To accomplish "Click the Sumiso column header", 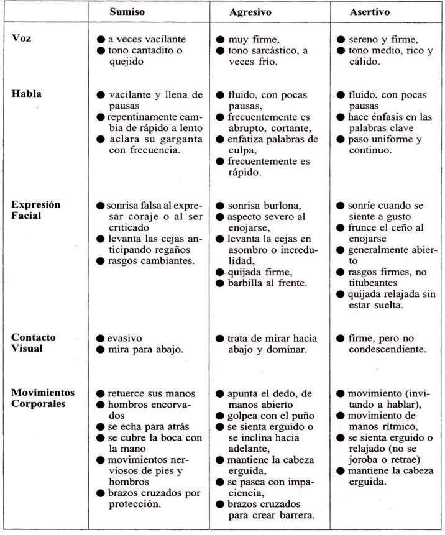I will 129,11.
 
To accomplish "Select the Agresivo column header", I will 250,11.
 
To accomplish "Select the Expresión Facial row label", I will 35,211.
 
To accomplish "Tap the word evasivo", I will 125,338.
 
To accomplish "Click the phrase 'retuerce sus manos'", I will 152,394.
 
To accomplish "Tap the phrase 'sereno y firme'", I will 381,39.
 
